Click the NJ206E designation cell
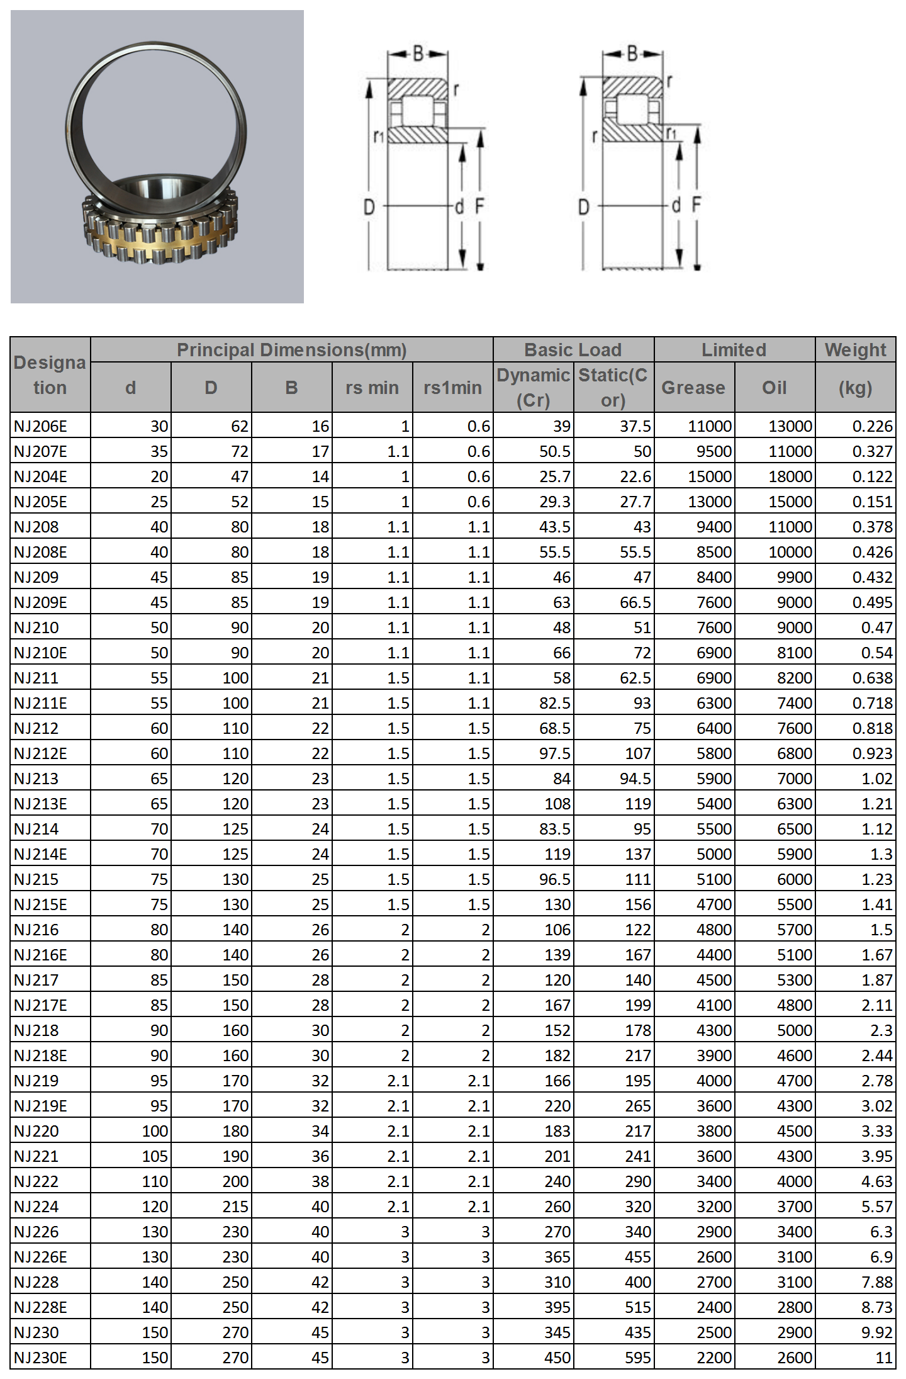(40, 426)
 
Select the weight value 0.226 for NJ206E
(872, 426)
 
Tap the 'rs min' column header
(372, 388)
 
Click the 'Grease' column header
(693, 388)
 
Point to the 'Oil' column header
(775, 388)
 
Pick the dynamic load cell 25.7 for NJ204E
(554, 476)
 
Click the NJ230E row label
(40, 1358)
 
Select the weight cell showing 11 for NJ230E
(883, 1358)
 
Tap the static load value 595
(638, 1358)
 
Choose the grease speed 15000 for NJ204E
(710, 476)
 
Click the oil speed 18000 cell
(790, 476)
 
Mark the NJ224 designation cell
(36, 1207)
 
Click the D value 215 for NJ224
(235, 1207)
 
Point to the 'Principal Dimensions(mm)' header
(291, 350)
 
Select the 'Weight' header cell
(855, 350)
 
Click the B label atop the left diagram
(418, 54)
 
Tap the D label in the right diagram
(583, 206)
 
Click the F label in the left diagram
(479, 205)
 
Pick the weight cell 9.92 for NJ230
(876, 1332)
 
